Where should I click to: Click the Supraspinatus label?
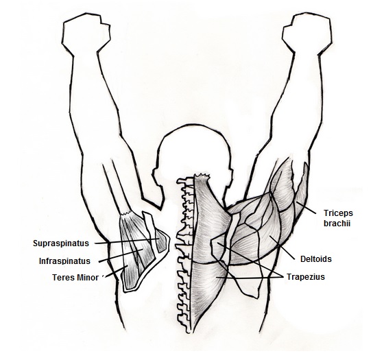[x=61, y=243]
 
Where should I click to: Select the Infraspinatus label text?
[x=64, y=261]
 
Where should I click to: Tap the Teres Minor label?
[x=75, y=278]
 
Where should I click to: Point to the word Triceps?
[x=338, y=213]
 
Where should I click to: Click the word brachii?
[x=337, y=224]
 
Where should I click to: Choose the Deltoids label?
[x=316, y=259]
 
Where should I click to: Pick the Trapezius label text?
[x=306, y=277]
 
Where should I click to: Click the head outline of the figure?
[x=193, y=152]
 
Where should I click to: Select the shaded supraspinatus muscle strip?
[x=161, y=241]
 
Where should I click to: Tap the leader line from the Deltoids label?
[x=282, y=248]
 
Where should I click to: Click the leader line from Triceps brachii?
[x=307, y=208]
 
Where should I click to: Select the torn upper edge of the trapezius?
[x=202, y=175]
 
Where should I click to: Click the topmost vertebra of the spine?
[x=186, y=182]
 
